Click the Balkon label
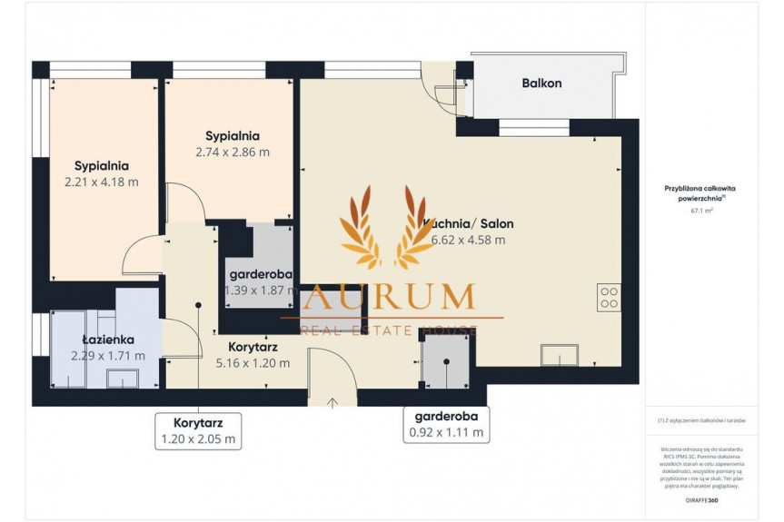541,84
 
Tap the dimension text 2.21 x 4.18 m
101,182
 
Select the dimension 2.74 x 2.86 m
233,153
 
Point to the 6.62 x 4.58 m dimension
462,241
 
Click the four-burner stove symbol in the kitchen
609,298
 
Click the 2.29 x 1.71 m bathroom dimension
107,356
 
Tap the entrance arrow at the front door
332,401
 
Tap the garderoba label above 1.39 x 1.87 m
259,274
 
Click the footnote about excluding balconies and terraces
701,420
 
